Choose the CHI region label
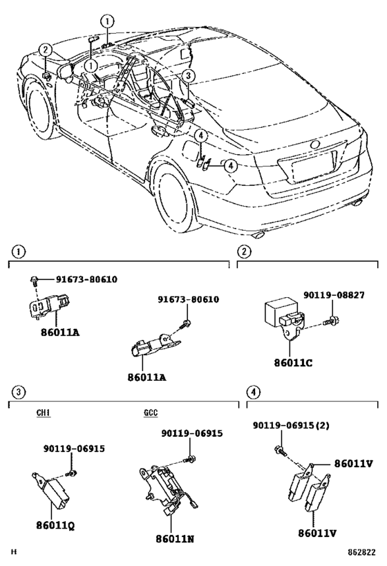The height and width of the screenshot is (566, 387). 44,413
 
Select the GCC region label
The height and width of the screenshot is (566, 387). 151,413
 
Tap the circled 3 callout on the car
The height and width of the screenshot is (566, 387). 189,76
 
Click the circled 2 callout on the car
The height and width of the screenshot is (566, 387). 44,50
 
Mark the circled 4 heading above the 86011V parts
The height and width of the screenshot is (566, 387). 254,392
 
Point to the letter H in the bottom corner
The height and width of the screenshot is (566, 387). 13,554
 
